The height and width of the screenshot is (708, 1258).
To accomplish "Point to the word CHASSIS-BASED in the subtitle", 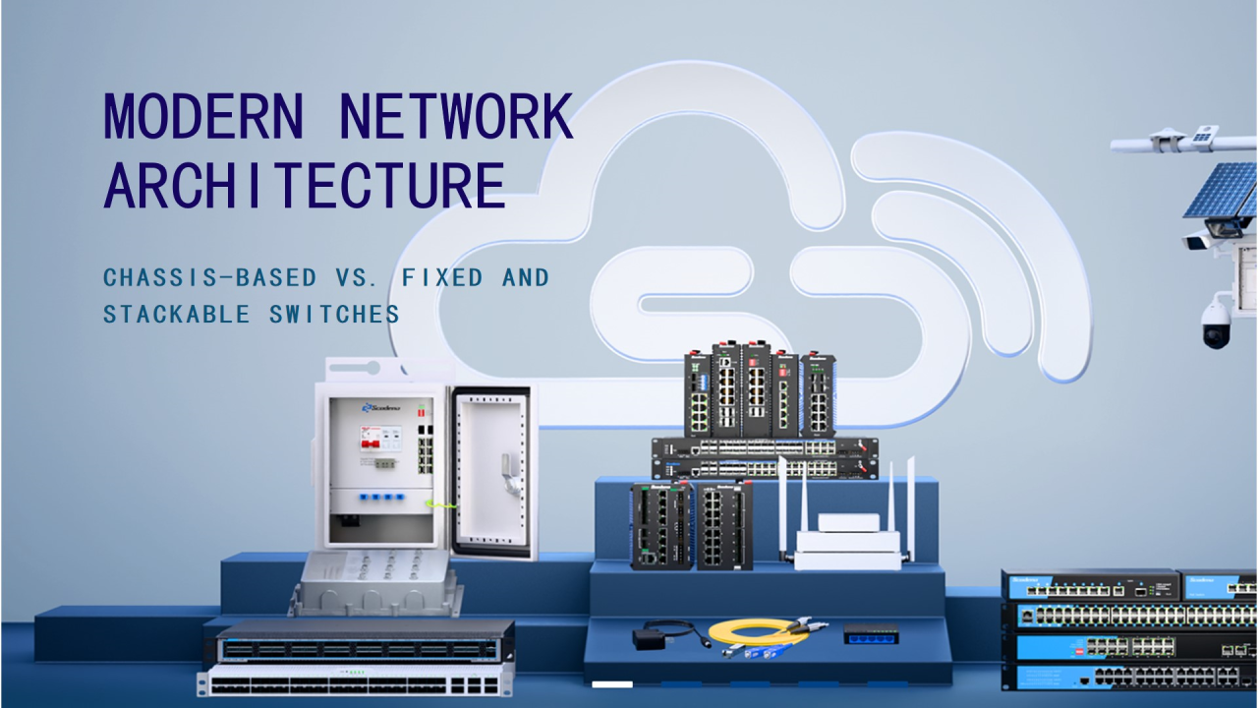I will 209,278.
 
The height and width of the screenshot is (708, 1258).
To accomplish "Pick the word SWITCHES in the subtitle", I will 335,315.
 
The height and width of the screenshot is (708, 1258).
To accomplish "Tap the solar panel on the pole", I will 1221,191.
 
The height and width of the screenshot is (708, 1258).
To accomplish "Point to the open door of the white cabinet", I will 491,472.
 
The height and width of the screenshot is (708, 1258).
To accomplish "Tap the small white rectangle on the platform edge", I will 612,683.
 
